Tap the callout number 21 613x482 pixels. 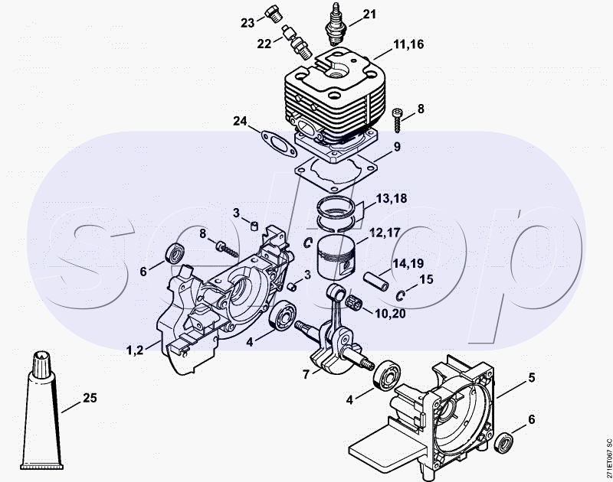point(370,15)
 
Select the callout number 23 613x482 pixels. point(247,23)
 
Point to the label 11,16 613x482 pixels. point(408,46)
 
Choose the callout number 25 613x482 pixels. point(90,398)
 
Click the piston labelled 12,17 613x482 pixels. point(338,255)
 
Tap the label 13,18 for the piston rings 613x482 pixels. point(392,200)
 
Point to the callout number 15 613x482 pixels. point(426,280)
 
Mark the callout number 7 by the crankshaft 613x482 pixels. point(306,375)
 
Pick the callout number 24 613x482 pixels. point(241,121)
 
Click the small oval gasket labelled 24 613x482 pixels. point(274,142)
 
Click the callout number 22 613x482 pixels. point(264,44)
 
